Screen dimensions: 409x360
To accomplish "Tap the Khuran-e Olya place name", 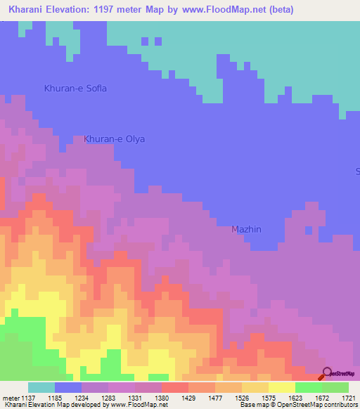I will [114, 139].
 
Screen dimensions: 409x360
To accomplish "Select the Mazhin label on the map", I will [247, 230].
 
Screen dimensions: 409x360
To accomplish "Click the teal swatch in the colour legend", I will [41, 387].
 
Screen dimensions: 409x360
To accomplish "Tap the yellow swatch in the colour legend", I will [281, 387].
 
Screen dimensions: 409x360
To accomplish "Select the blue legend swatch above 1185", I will [68, 387].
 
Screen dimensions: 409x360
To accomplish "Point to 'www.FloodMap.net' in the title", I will [219, 10].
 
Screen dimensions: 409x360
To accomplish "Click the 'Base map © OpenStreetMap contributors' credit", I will [298, 405].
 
